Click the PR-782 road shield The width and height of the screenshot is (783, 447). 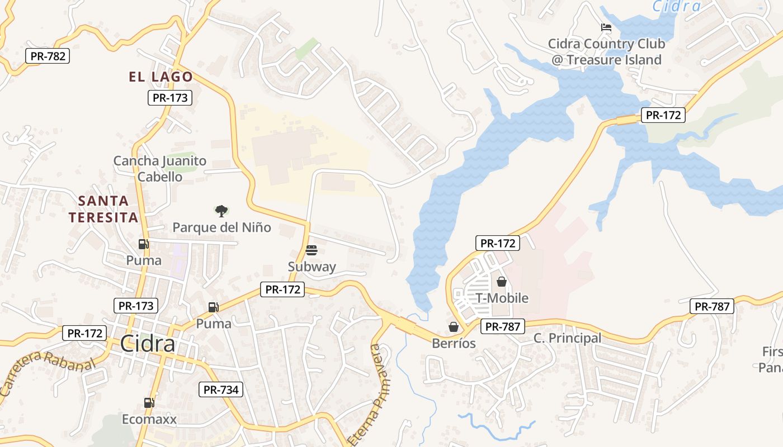click(x=48, y=56)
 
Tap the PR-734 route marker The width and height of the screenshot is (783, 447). click(x=221, y=389)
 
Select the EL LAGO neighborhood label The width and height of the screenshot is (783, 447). click(x=161, y=77)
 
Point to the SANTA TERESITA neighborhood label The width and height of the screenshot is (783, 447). click(x=103, y=209)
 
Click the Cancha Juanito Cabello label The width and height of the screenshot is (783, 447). click(x=160, y=169)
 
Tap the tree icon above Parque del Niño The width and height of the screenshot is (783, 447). click(x=221, y=211)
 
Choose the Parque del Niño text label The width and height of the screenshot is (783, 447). click(x=221, y=227)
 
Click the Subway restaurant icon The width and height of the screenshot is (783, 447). click(x=312, y=250)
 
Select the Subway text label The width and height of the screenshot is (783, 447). click(x=312, y=267)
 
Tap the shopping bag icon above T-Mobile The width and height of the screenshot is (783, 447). click(x=502, y=282)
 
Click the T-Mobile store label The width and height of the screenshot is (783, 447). click(x=502, y=298)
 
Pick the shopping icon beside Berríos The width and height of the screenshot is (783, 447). click(x=454, y=327)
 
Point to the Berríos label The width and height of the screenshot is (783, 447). click(x=454, y=343)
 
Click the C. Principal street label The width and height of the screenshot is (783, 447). click(x=567, y=338)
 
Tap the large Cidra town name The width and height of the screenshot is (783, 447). click(x=148, y=344)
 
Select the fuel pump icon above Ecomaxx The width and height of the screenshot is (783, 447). click(x=149, y=402)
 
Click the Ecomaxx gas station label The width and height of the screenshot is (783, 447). click(x=149, y=419)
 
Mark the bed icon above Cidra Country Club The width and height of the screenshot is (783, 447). click(x=606, y=27)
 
